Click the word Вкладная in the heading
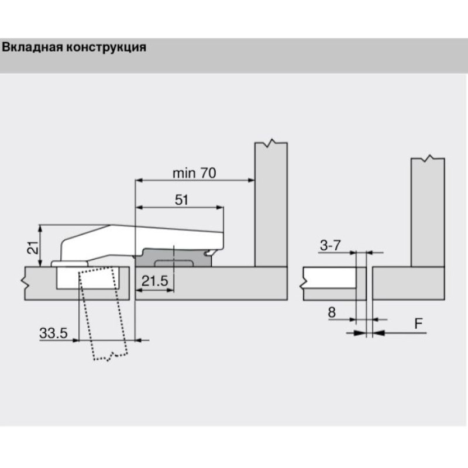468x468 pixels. [x=33, y=47]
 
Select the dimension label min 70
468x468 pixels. [x=194, y=173]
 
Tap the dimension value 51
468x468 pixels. [x=181, y=199]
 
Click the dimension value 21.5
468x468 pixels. [x=155, y=281]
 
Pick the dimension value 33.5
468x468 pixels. [x=54, y=333]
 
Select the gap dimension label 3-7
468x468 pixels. [x=330, y=246]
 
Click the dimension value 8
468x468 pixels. [x=332, y=312]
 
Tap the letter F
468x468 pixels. [x=419, y=324]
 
